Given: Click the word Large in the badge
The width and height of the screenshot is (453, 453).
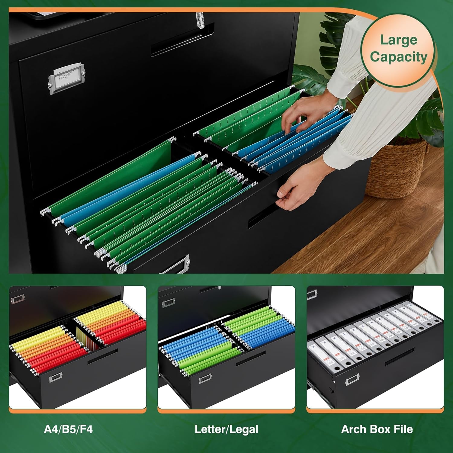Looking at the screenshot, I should click(398, 40).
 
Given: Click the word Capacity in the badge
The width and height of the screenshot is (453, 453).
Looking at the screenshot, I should click(399, 57).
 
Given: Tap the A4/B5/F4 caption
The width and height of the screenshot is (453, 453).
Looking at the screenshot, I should click(68, 429).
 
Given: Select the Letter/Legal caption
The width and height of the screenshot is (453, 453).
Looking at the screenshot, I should click(226, 429).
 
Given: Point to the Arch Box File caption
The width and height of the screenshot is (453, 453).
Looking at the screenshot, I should click(377, 429).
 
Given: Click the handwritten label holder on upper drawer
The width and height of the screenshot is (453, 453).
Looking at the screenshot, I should click(66, 77).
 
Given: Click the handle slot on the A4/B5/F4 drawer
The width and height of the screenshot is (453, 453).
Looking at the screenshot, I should click(103, 357).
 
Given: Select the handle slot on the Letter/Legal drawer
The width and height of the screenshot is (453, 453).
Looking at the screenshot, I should click(251, 358).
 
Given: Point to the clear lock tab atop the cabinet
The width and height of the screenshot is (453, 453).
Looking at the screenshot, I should click(199, 20).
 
